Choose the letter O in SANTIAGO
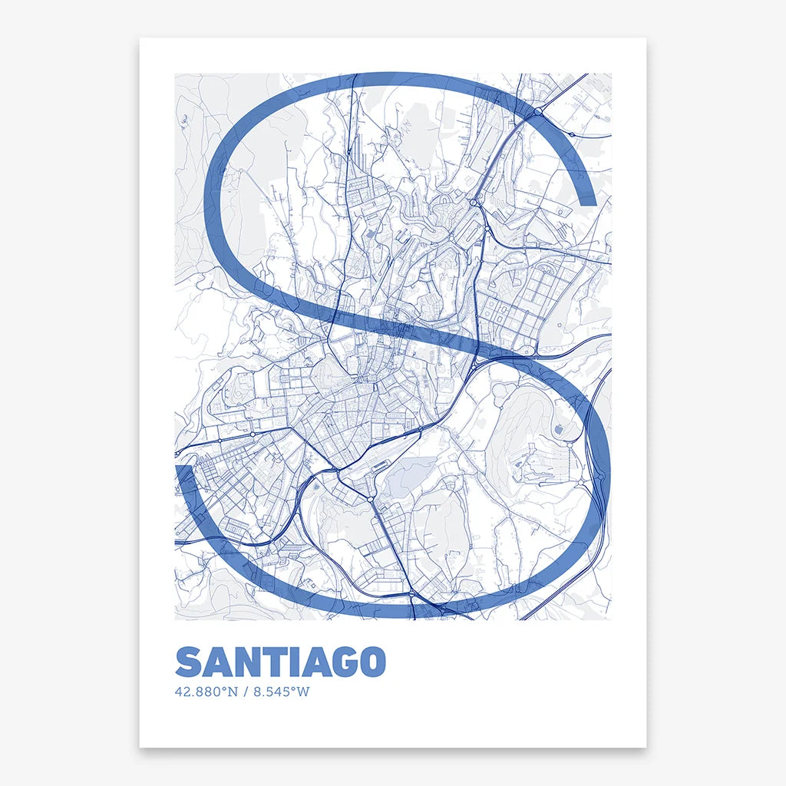tap(370, 662)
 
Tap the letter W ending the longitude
tap(303, 692)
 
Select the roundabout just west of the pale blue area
tap(371, 500)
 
